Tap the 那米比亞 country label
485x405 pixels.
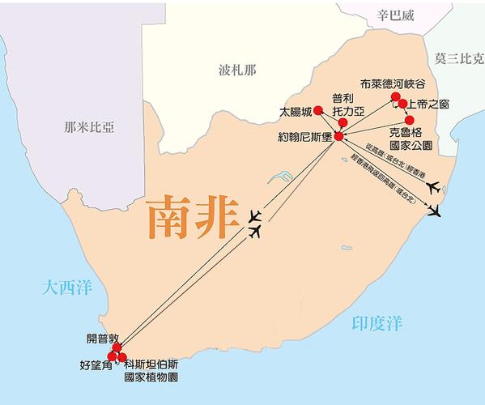[x=89, y=127]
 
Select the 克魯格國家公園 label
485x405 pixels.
[x=410, y=137]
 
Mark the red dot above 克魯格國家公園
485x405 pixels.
[x=409, y=120]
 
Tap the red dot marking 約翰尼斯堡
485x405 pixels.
[x=338, y=136]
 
